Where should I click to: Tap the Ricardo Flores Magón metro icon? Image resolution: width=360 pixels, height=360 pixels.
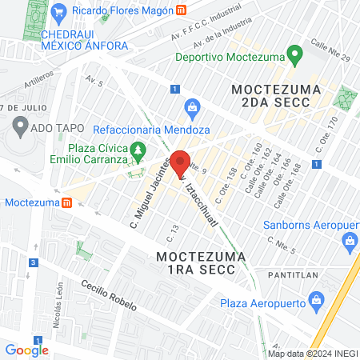click(x=182, y=11)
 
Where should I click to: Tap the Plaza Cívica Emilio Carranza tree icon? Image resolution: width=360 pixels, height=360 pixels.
click(x=139, y=149)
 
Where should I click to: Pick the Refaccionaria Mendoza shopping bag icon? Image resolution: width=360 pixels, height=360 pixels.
click(x=192, y=106)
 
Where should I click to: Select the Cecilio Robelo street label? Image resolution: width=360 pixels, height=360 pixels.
click(x=108, y=296)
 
